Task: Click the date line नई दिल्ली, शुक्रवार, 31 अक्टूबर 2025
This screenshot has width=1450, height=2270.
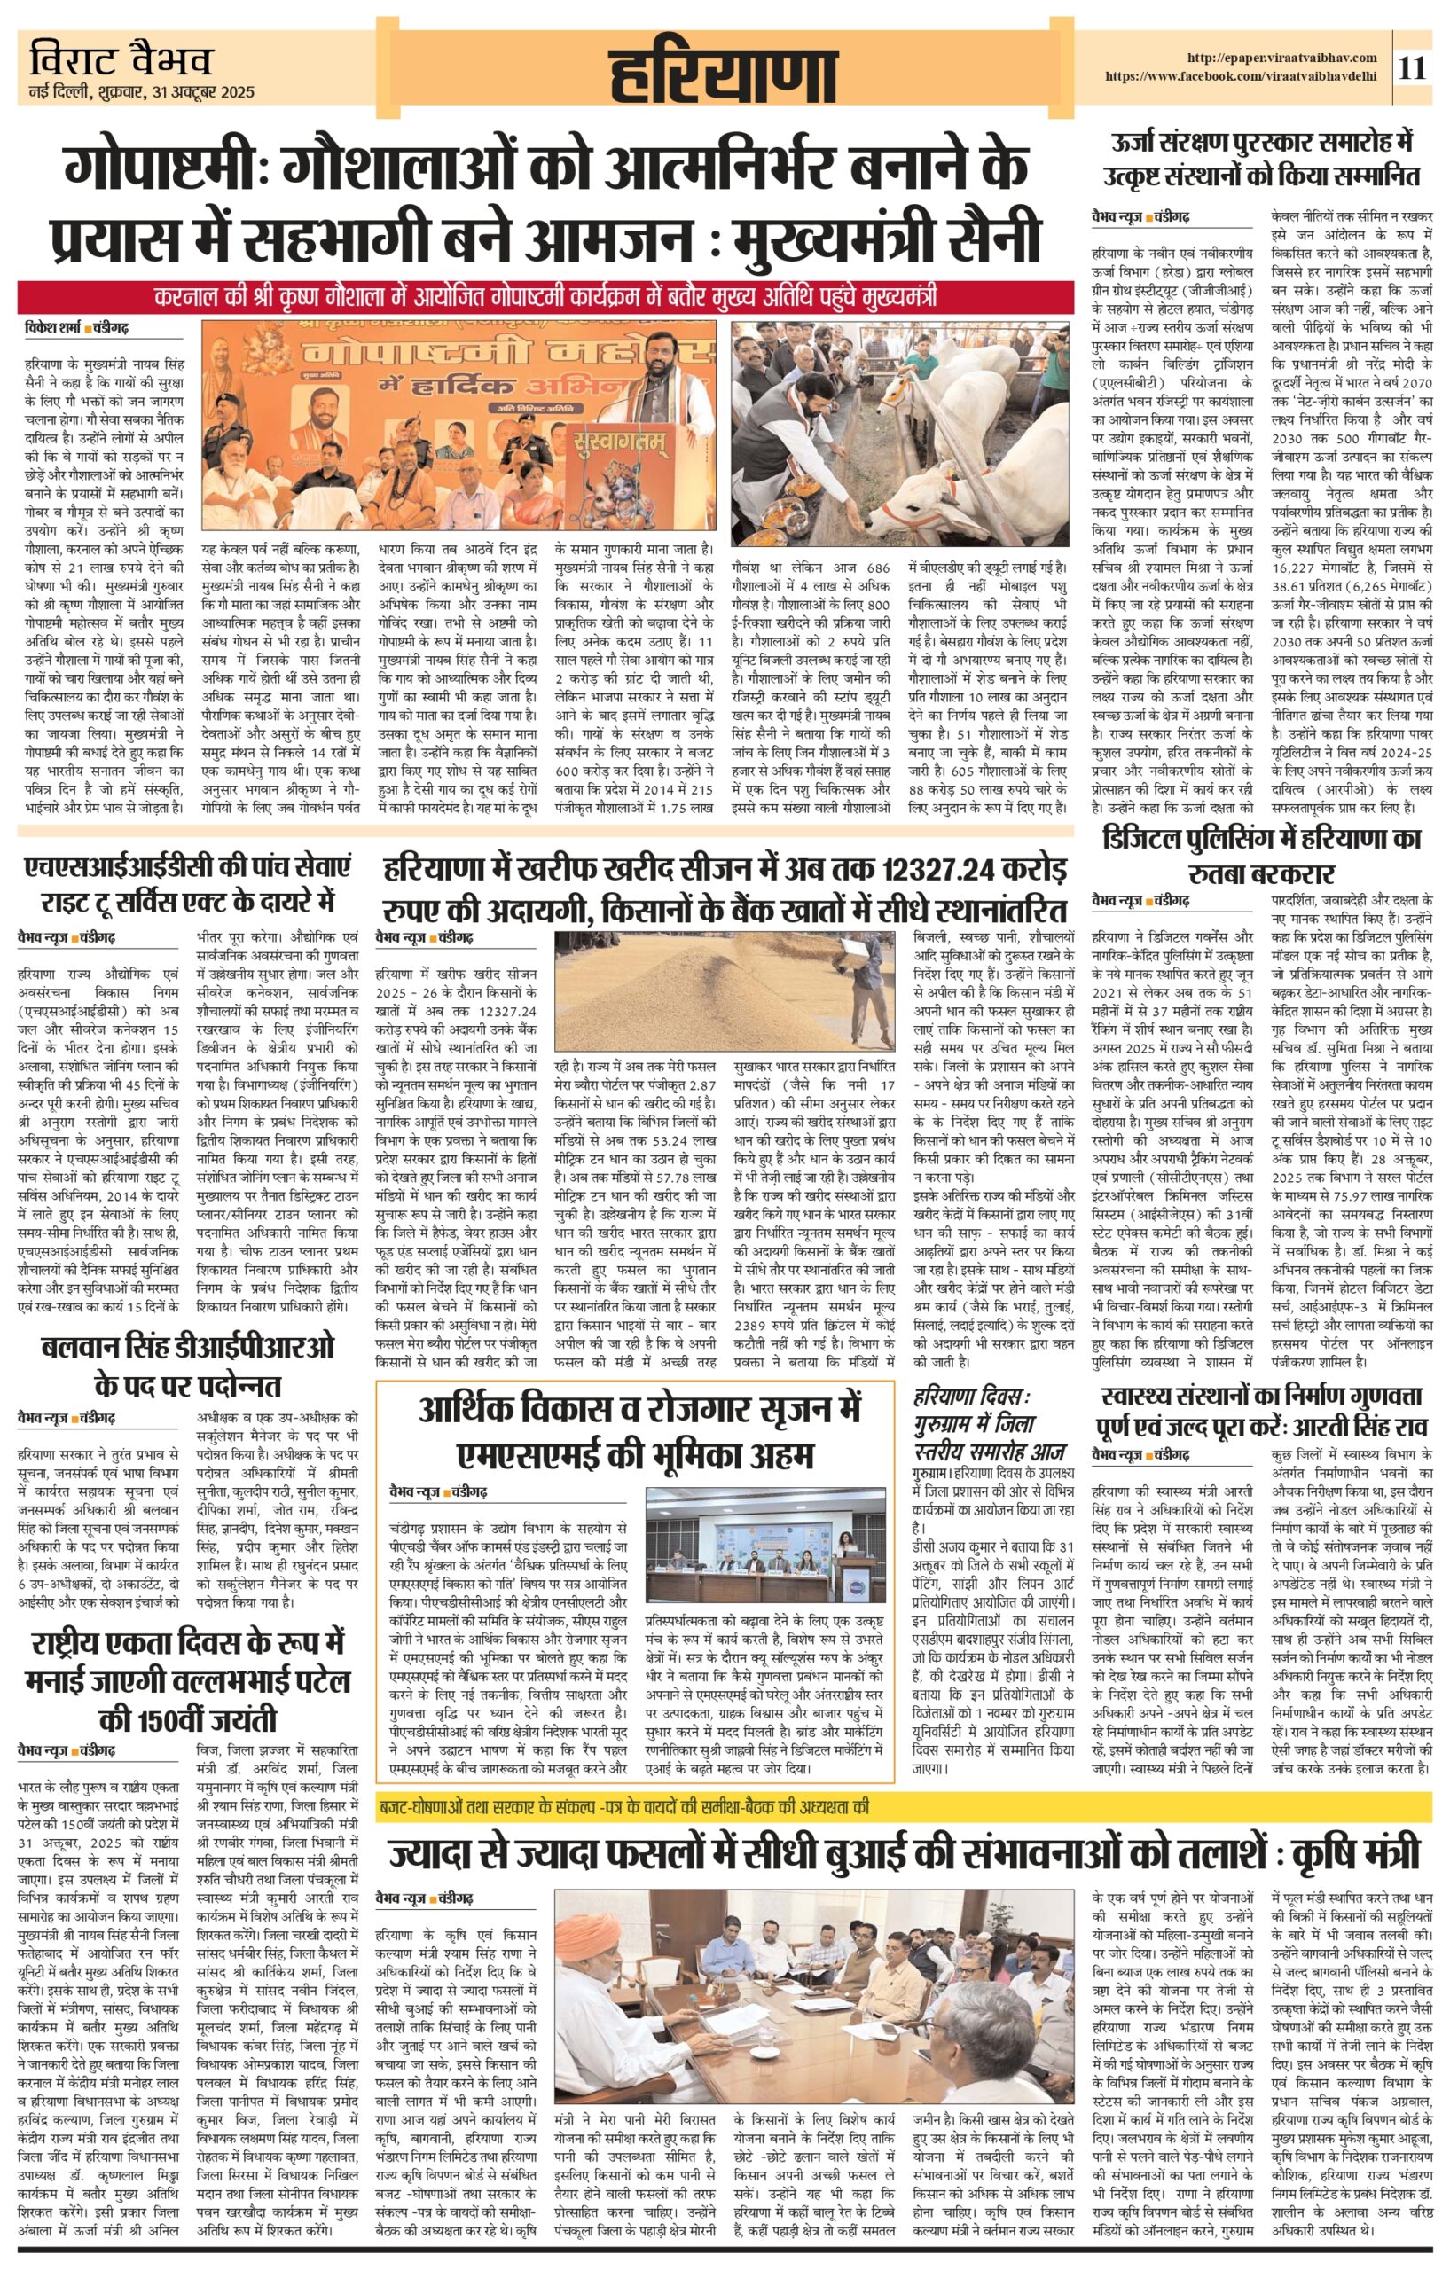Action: click(x=141, y=93)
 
